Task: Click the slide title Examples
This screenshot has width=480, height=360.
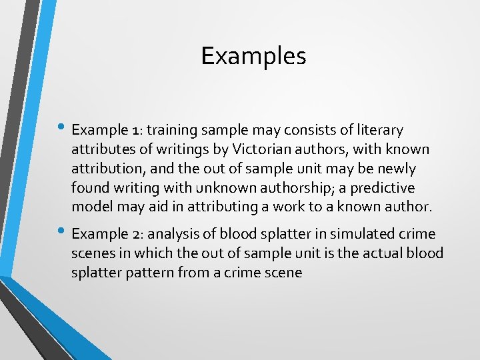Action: [253, 56]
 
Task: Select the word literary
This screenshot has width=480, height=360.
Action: [378, 129]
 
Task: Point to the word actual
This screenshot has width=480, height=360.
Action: [391, 253]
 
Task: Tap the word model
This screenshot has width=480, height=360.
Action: [91, 207]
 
